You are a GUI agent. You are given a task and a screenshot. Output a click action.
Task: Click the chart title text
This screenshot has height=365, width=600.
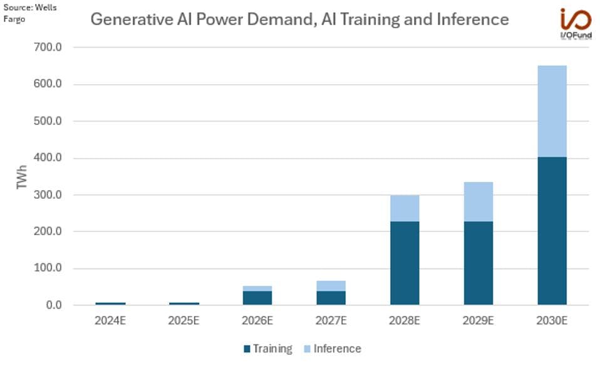click(299, 19)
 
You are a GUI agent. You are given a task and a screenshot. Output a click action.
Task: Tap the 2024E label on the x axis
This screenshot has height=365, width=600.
click(110, 321)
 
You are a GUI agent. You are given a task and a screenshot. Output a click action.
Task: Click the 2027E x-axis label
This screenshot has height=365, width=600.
click(331, 321)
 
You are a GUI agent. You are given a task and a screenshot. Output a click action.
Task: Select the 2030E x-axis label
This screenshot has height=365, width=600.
click(552, 321)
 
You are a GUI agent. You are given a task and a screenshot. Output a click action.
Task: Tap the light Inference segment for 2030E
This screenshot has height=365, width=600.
click(552, 111)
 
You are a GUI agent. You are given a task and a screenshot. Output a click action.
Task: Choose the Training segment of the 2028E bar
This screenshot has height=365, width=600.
click(405, 263)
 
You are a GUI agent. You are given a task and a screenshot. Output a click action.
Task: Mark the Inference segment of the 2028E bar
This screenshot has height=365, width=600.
click(405, 208)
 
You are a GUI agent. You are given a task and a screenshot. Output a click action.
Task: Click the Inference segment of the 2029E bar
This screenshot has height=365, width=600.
click(478, 201)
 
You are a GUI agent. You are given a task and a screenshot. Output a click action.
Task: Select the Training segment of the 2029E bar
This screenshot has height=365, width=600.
click(478, 263)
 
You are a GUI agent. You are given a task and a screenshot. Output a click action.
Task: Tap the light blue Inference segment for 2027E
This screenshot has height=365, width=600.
click(331, 286)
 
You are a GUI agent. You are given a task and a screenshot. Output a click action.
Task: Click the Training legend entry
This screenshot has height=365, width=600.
click(267, 349)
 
